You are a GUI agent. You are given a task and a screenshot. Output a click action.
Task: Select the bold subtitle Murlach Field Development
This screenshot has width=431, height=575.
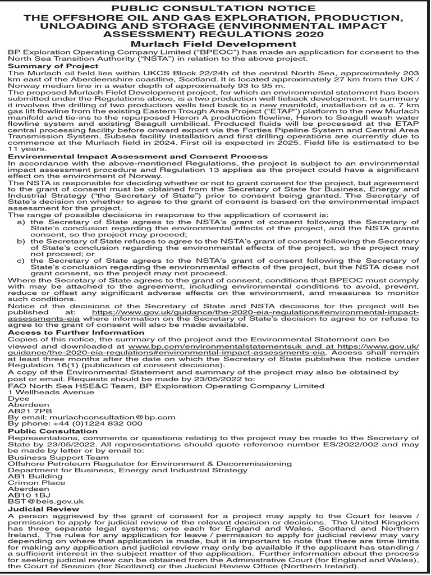pos(215,44)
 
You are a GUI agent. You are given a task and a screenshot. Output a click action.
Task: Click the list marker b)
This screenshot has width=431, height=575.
pos(21,241)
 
